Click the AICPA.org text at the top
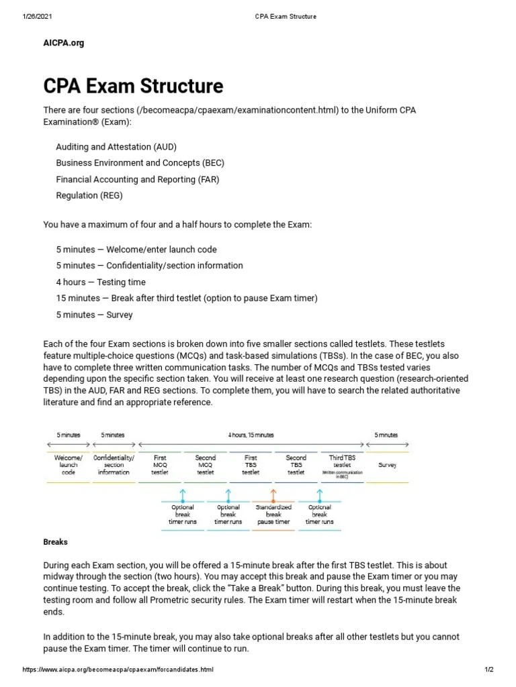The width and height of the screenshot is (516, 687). [x=64, y=43]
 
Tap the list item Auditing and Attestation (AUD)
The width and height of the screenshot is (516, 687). [x=116, y=146]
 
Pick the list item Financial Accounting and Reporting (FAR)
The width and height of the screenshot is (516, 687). [x=138, y=179]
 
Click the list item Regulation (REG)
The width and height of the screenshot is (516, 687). [x=89, y=196]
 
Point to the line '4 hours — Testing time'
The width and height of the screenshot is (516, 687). [x=101, y=282]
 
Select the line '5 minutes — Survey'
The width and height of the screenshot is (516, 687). [x=95, y=315]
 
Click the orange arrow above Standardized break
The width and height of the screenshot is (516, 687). [x=273, y=496]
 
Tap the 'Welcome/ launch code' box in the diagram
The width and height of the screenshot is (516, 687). [x=69, y=465]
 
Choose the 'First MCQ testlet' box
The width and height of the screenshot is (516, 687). [x=160, y=465]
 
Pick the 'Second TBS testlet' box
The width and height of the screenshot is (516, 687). [x=296, y=465]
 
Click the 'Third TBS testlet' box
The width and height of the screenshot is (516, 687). [x=342, y=465]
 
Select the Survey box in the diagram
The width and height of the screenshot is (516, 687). [x=387, y=464]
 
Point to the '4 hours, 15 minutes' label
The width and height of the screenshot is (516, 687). [x=251, y=435]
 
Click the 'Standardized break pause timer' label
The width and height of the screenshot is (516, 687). [x=273, y=515]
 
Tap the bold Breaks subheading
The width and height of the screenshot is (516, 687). [x=55, y=541]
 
